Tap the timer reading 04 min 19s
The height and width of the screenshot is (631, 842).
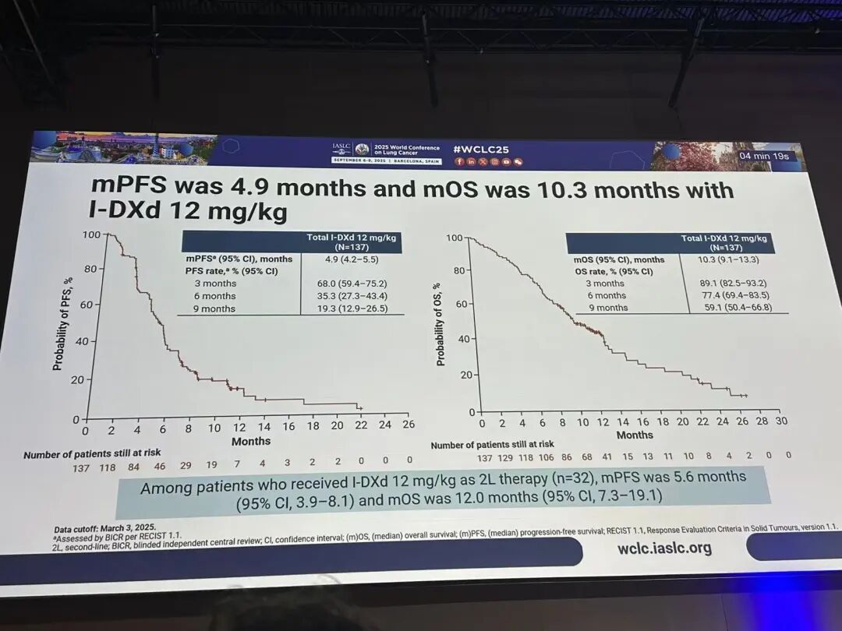[x=764, y=156]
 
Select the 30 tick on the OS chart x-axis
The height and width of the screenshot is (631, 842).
[x=782, y=421]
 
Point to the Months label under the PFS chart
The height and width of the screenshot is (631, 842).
[x=251, y=442]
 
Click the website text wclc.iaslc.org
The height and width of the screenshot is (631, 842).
[x=664, y=548]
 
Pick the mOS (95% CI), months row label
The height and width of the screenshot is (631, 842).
[x=620, y=259]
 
